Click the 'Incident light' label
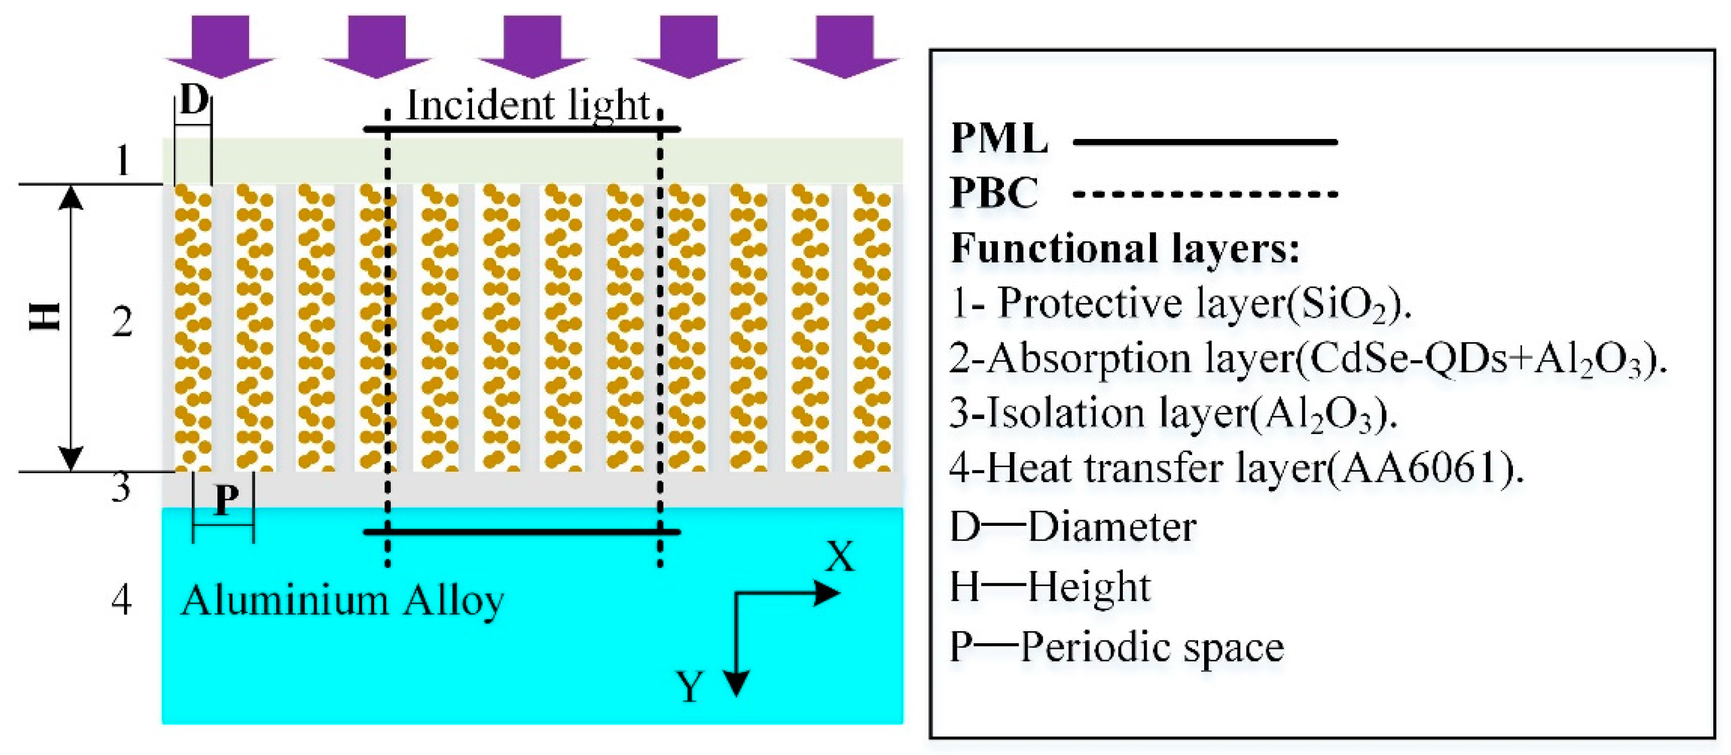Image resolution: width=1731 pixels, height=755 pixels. click(x=528, y=106)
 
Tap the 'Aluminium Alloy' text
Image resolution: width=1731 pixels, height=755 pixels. click(x=342, y=601)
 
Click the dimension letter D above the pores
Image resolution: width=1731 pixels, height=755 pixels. click(x=194, y=101)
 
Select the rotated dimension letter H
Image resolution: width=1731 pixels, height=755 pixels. click(x=46, y=317)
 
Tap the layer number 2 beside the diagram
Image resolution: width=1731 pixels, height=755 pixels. click(x=122, y=322)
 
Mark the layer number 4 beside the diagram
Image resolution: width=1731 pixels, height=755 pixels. click(x=121, y=599)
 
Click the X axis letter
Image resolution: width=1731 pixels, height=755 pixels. click(x=840, y=557)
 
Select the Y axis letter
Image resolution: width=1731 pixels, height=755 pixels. click(x=690, y=687)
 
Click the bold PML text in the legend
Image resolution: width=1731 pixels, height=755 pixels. click(x=999, y=138)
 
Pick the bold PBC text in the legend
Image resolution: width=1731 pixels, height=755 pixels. click(x=994, y=193)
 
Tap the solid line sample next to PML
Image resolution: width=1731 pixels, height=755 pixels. click(x=1205, y=142)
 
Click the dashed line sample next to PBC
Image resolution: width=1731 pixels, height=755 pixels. click(x=1205, y=194)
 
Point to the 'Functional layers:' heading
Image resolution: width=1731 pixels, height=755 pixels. click(x=1125, y=248)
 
